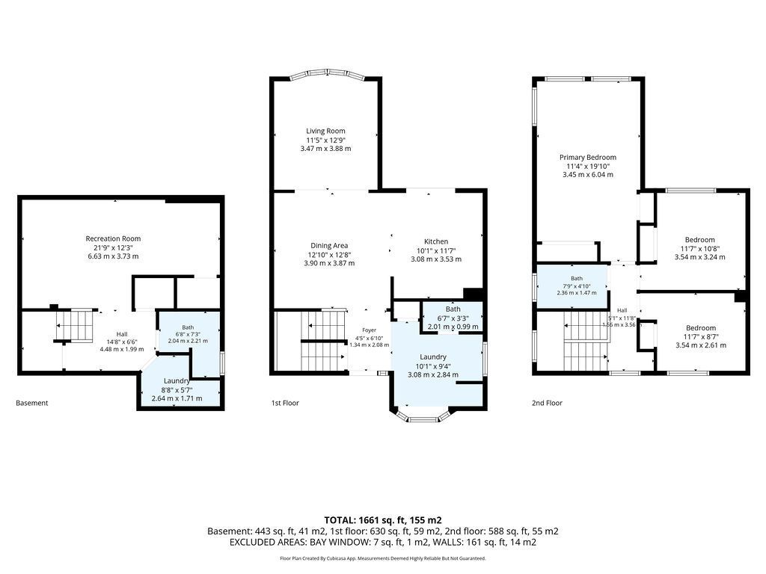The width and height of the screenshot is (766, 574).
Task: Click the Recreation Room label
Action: pyautogui.click(x=113, y=238)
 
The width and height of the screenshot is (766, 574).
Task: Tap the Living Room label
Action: pyautogui.click(x=325, y=131)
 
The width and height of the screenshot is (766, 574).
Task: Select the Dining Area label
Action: pyautogui.click(x=329, y=245)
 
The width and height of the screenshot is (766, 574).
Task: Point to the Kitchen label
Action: pyautogui.click(x=436, y=241)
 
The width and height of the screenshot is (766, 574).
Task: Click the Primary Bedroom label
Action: pyautogui.click(x=588, y=157)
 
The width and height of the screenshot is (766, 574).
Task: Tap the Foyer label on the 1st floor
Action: pyautogui.click(x=370, y=330)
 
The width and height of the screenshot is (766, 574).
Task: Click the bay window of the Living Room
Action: pyautogui.click(x=327, y=74)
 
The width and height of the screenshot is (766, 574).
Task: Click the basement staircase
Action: pyautogui.click(x=74, y=326)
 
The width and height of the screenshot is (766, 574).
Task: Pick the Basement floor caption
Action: pyautogui.click(x=31, y=403)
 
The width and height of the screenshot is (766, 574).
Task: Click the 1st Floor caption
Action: pyautogui.click(x=285, y=403)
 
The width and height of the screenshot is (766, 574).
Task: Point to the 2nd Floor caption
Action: pyautogui.click(x=547, y=403)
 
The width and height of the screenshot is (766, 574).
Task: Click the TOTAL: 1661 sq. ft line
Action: pyautogui.click(x=383, y=520)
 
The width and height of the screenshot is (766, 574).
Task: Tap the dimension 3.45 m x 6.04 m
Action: pyautogui.click(x=588, y=175)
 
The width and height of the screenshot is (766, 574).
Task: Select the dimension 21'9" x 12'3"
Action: pyautogui.click(x=113, y=247)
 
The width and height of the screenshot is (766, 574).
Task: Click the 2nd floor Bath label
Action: pyautogui.click(x=577, y=279)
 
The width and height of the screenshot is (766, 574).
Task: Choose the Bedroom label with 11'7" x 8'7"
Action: pyautogui.click(x=700, y=328)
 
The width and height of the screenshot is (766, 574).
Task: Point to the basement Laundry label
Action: pyautogui.click(x=177, y=380)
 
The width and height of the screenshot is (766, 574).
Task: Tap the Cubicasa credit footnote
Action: pyautogui.click(x=383, y=558)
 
